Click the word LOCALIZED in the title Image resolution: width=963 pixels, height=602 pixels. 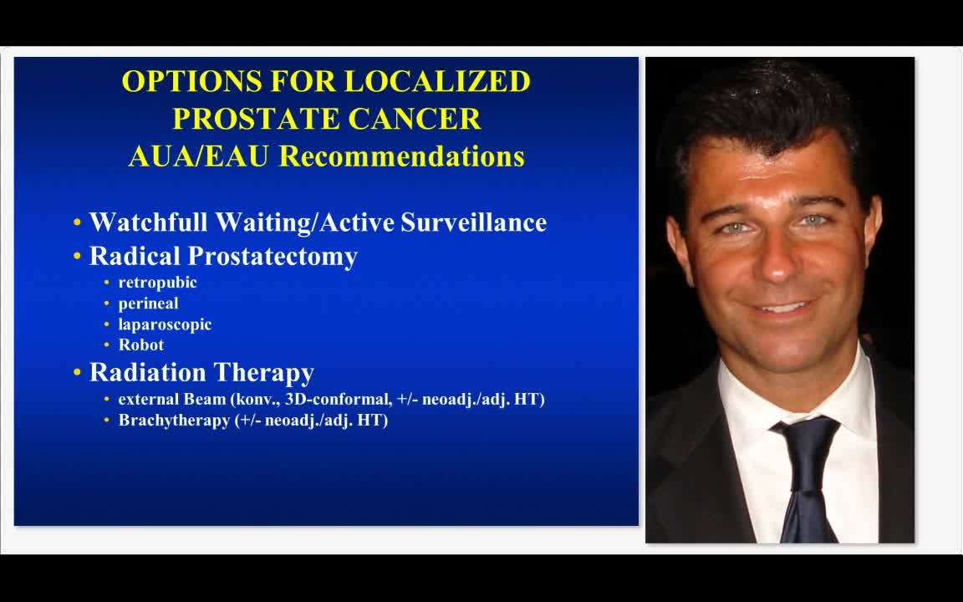437,81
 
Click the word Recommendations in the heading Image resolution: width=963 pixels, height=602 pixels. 401,156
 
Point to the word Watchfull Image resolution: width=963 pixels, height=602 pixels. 149,222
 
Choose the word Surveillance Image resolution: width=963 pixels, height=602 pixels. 473,222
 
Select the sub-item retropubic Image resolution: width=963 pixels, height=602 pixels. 157,283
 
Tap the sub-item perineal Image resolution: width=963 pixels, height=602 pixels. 148,304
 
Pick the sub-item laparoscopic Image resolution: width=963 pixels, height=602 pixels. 165,324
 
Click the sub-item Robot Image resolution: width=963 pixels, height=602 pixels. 140,344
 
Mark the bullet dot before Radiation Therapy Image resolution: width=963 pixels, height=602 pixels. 78,373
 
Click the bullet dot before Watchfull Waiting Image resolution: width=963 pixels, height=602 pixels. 78,223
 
